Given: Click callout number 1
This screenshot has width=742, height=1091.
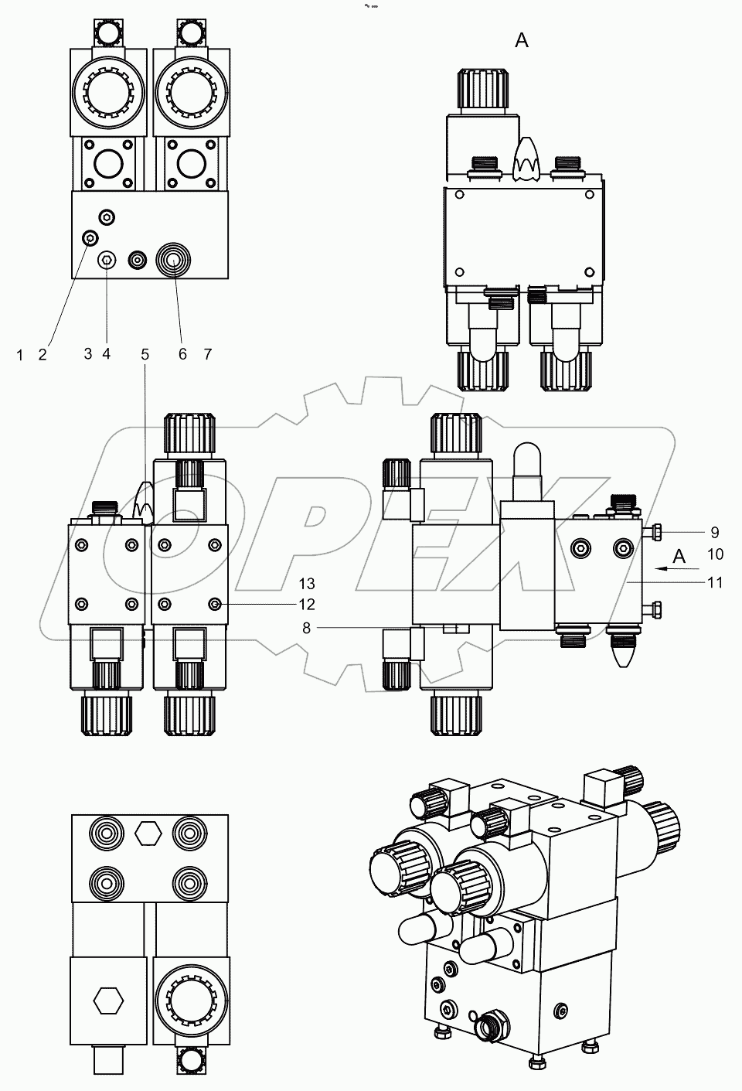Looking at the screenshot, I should (19, 354).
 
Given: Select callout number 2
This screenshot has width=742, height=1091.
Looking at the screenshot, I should (43, 354).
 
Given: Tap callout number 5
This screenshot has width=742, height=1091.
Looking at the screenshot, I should (145, 354).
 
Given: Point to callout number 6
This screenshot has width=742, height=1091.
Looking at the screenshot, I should (182, 354).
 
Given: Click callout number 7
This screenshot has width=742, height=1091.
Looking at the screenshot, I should (207, 354).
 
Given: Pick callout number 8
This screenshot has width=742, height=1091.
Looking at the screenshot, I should (306, 629).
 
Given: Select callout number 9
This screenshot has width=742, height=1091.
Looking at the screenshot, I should (715, 532).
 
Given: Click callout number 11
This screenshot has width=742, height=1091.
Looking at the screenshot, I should (715, 582).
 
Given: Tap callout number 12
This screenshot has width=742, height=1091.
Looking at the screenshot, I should (287, 604).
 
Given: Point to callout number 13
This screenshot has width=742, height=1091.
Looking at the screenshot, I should (287, 583).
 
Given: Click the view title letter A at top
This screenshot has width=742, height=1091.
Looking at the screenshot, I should (522, 41).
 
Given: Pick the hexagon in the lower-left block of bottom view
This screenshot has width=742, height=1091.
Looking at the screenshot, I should (108, 1000).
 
